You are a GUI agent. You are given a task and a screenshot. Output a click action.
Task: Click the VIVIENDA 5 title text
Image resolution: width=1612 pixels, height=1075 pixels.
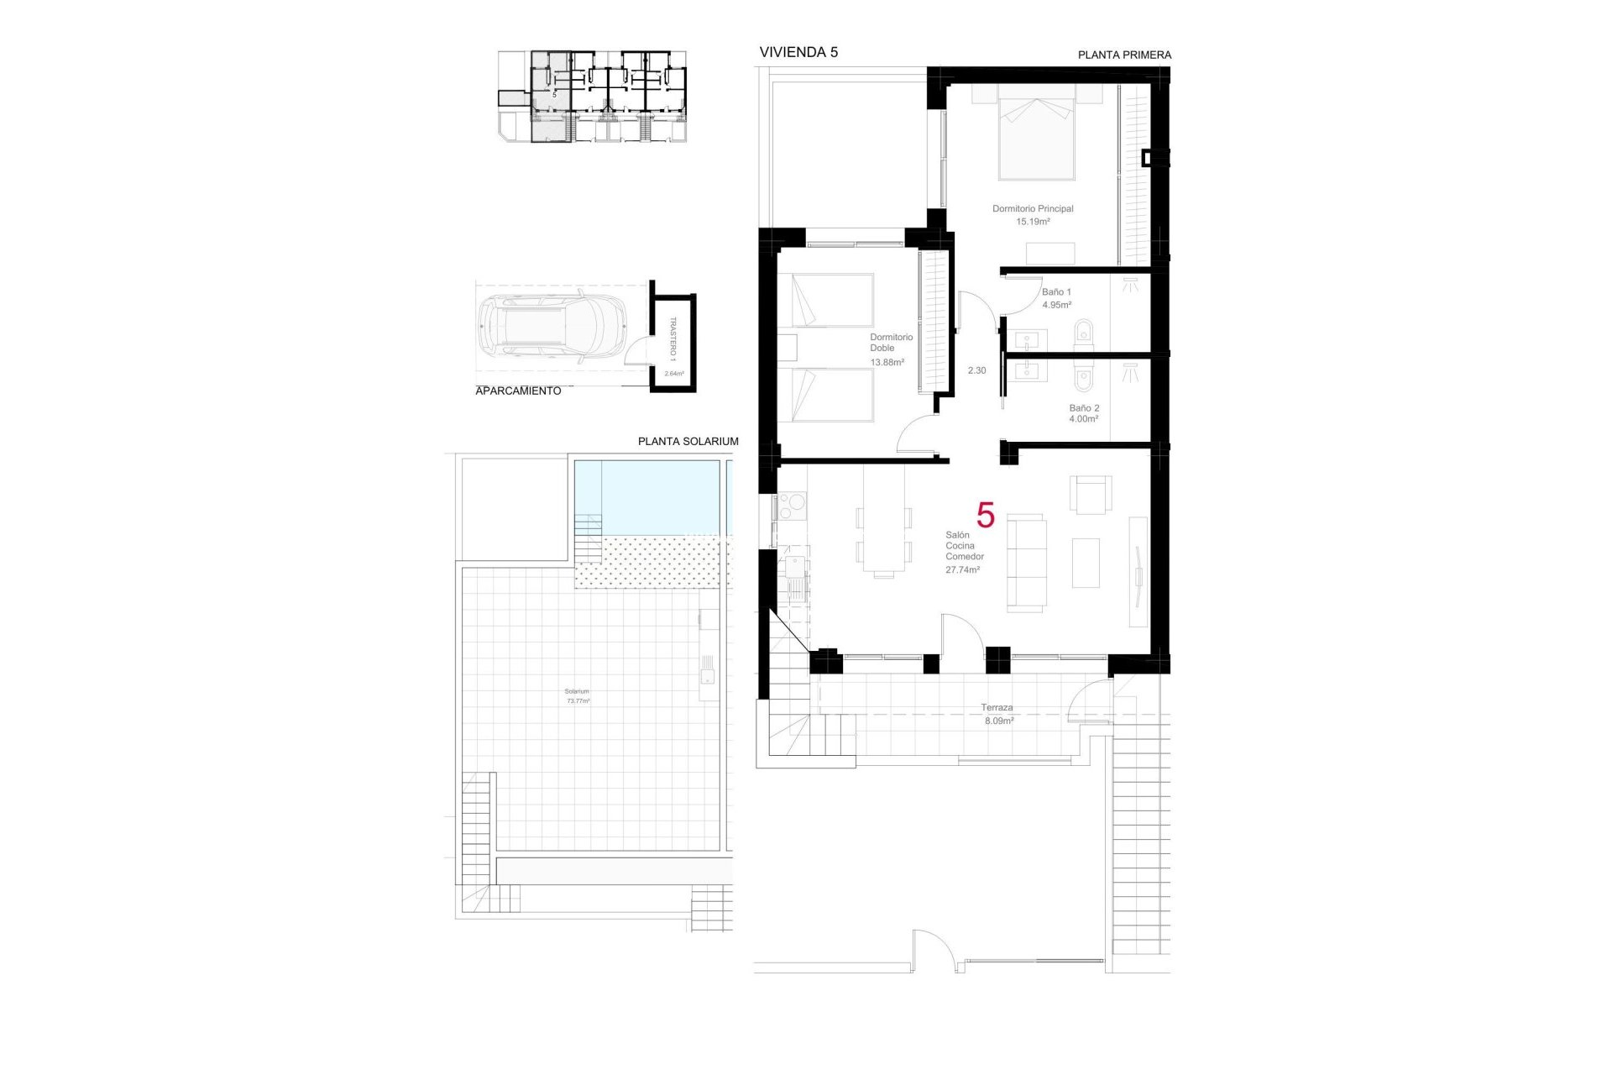click(798, 52)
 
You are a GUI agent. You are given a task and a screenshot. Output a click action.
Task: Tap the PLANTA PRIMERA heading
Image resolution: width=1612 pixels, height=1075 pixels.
click(1124, 55)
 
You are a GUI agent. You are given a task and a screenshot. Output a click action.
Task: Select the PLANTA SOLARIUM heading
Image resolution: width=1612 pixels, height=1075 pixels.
click(688, 442)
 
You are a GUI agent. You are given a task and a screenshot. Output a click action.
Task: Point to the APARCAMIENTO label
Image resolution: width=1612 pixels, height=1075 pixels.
click(518, 391)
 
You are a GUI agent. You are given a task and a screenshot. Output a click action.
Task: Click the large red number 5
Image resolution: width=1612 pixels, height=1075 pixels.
click(986, 515)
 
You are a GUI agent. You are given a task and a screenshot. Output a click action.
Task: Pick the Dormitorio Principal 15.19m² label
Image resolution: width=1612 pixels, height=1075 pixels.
click(1033, 215)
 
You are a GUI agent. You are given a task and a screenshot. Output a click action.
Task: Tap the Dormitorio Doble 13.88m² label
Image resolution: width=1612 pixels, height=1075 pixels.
click(890, 349)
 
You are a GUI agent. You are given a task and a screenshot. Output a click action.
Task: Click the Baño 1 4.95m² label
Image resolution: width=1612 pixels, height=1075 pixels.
click(1056, 298)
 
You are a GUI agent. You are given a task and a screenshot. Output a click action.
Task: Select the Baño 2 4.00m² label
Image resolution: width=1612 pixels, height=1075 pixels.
click(1084, 413)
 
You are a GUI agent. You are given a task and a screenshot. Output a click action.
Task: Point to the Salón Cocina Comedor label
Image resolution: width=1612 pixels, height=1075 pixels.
click(964, 552)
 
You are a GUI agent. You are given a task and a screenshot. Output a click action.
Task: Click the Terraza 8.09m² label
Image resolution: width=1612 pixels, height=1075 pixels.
click(997, 714)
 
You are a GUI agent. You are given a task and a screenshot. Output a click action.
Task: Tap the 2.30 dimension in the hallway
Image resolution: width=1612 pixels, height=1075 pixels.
click(976, 370)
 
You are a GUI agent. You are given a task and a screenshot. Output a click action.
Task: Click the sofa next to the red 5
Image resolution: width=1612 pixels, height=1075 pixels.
click(1027, 562)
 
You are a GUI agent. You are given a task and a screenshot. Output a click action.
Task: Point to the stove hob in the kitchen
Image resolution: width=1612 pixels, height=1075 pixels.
click(792, 506)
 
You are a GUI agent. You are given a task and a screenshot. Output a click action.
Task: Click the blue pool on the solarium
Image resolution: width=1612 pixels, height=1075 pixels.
click(648, 497)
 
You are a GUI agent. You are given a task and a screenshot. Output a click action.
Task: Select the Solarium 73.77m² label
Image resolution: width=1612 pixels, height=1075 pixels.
click(578, 696)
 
